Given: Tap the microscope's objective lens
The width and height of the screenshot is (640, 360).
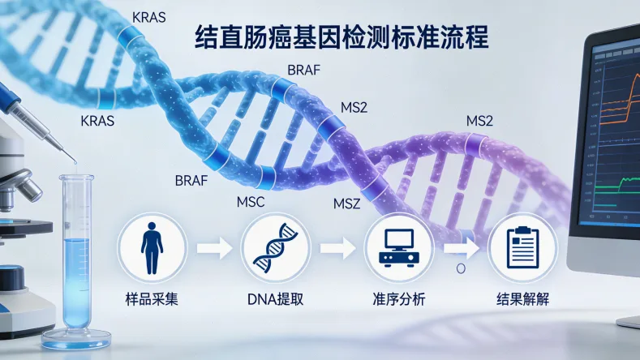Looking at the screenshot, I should [29, 190].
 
